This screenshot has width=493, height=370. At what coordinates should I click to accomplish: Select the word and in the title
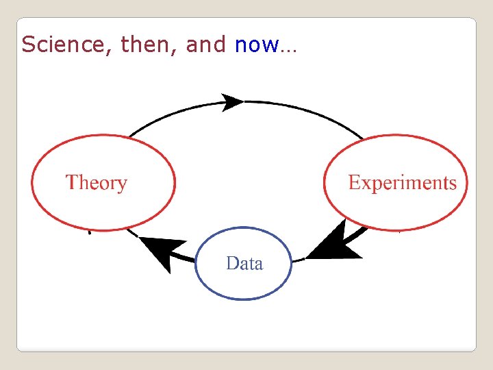[205, 45]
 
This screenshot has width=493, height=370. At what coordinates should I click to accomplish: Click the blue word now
[256, 45]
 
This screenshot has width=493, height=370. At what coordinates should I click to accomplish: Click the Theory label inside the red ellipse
[97, 183]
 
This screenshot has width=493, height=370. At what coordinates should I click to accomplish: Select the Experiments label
[402, 182]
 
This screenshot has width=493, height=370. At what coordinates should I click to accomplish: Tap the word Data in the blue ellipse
[244, 263]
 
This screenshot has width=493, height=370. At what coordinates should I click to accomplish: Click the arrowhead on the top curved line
[232, 103]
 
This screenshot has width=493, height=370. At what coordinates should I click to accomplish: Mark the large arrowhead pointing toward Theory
[162, 251]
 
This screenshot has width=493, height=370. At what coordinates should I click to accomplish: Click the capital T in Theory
[72, 182]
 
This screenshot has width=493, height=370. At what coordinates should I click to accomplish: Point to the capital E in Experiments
[354, 182]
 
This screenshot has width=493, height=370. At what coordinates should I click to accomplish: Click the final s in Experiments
[453, 184]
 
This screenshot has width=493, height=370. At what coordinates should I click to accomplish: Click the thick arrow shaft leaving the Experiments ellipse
[358, 234]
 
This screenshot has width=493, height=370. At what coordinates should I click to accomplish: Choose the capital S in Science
[27, 45]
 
